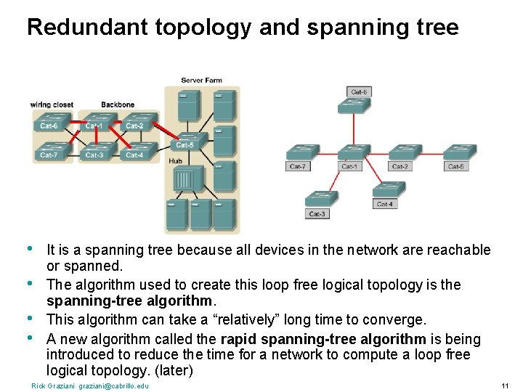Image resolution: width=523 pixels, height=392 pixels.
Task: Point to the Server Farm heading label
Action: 201,81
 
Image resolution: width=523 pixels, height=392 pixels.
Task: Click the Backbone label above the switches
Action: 118,105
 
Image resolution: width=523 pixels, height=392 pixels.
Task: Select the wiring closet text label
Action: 52,105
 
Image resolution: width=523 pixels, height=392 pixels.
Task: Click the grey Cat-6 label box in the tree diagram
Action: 359,92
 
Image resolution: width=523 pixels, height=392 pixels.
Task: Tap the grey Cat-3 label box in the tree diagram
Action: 317,214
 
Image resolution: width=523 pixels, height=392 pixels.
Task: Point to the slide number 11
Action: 506,385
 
